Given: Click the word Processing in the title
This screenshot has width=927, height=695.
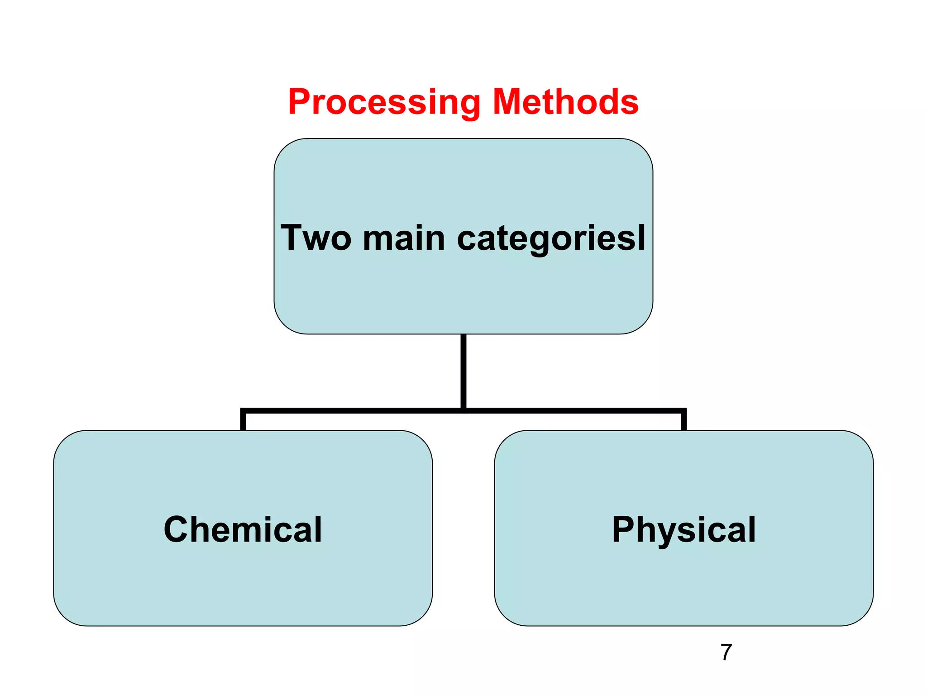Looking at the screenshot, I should click(384, 102).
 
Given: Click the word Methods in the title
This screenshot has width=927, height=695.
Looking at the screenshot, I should click(565, 102).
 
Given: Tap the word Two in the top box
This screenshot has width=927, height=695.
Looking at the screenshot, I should click(316, 238).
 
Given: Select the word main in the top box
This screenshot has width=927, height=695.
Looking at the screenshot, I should click(404, 238).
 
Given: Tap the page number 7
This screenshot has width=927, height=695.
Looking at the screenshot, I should click(726, 652).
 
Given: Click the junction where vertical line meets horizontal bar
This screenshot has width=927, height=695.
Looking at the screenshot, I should click(463, 410).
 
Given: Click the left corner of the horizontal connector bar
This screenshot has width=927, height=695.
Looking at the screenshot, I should click(243, 411).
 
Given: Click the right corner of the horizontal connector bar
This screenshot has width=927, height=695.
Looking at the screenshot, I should click(683, 411).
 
